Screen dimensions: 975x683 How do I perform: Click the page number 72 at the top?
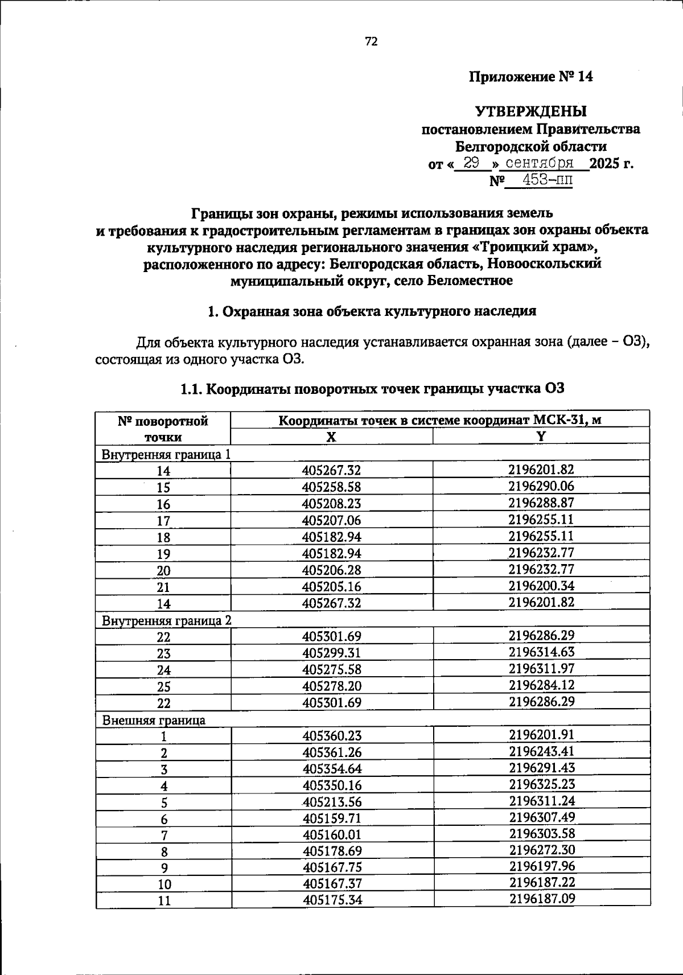pyautogui.click(x=371, y=42)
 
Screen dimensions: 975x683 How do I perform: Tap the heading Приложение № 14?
pyautogui.click(x=530, y=77)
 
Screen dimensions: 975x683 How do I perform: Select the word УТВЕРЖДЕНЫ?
pyautogui.click(x=530, y=111)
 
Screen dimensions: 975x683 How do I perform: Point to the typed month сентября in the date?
pyautogui.click(x=540, y=163)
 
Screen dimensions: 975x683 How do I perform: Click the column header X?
pyautogui.click(x=331, y=437)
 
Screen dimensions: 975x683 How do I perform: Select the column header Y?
pyautogui.click(x=541, y=436)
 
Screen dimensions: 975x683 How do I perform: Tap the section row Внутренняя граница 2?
pyautogui.click(x=166, y=620)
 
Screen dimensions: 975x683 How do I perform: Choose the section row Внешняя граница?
pyautogui.click(x=154, y=720)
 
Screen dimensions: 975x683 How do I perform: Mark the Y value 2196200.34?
pyautogui.click(x=541, y=586)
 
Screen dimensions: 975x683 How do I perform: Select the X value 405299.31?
pyautogui.click(x=331, y=653)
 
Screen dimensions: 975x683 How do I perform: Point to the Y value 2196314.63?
pyautogui.click(x=541, y=652)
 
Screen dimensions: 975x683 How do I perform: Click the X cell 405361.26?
pyautogui.click(x=331, y=752)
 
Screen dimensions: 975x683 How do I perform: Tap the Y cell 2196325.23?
pyautogui.click(x=541, y=785)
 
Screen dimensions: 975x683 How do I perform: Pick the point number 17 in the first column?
pyautogui.click(x=163, y=521)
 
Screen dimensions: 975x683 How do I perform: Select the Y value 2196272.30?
pyautogui.click(x=541, y=850)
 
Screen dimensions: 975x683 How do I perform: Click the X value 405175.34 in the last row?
pyautogui.click(x=332, y=900)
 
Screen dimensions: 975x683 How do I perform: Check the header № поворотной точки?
pyautogui.click(x=163, y=429)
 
